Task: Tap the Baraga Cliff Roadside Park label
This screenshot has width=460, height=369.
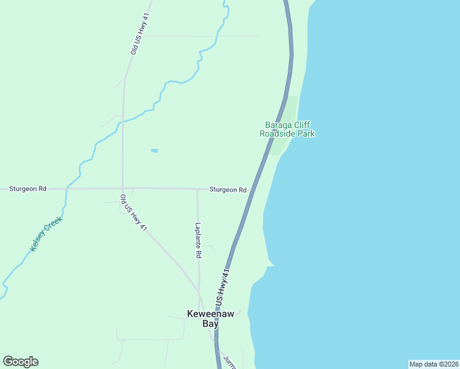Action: (287, 129)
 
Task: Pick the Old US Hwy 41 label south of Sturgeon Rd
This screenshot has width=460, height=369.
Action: (133, 213)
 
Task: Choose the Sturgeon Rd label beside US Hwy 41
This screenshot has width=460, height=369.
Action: (228, 190)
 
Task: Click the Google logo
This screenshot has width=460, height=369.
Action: (20, 362)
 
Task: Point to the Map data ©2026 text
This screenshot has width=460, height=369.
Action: (434, 364)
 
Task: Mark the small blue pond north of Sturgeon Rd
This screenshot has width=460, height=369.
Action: (154, 151)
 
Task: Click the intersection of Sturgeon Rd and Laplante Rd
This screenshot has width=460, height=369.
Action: (197, 189)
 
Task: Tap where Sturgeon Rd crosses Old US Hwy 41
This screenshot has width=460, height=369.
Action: (122, 189)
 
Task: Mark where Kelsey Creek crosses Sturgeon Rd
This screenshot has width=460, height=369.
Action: (67, 188)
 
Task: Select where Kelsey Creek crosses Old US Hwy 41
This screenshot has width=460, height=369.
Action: (123, 121)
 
